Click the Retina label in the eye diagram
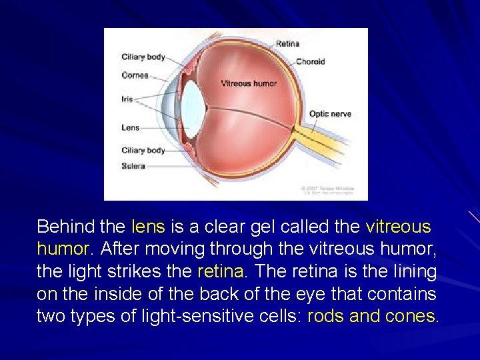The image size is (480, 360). coord(287,44)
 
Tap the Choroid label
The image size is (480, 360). coord(310,61)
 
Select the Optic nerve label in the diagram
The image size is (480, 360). coord(330,114)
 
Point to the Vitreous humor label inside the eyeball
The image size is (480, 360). coord(249,84)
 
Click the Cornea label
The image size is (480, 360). coord(135,75)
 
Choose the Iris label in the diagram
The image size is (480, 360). coord(127,99)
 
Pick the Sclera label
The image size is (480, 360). coord(133,166)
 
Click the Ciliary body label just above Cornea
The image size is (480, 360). coord(143,57)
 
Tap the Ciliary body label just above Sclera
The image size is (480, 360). coord(143,150)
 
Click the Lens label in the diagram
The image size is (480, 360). coord(131,127)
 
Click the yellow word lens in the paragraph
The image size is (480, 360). coord(148,227)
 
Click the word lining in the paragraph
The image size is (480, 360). coord(412,272)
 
